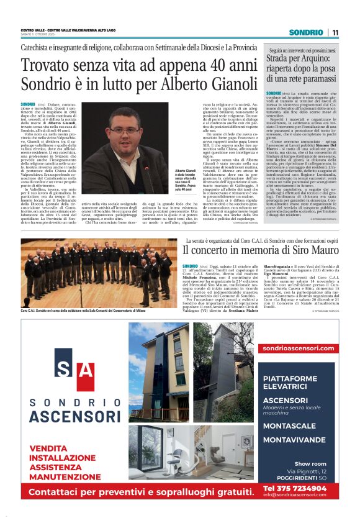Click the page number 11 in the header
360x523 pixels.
click(x=335, y=32)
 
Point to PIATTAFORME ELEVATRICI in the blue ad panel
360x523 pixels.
click(x=299, y=382)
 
